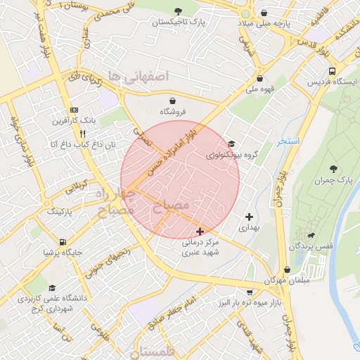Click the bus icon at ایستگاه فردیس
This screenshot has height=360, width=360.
click(x=332, y=71)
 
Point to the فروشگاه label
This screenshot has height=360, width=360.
click(x=172, y=112)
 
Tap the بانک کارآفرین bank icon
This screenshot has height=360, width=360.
click(x=73, y=110)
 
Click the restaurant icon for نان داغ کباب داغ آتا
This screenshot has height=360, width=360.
click(x=82, y=133)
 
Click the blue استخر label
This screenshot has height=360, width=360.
click(x=288, y=142)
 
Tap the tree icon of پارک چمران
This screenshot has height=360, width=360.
click(x=333, y=169)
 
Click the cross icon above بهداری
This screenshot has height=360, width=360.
click(x=248, y=217)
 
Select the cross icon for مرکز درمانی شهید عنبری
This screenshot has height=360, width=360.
click(x=200, y=231)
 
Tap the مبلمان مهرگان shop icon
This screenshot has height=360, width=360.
click(x=287, y=270)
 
